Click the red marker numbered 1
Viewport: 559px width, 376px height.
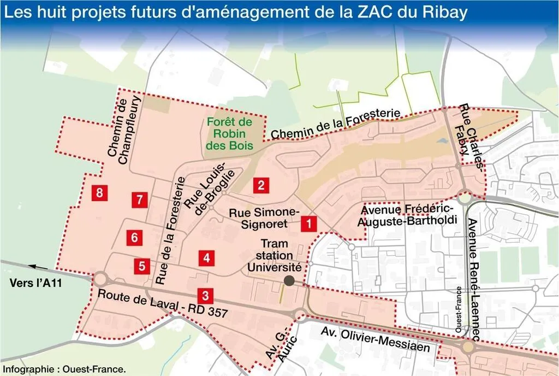coord(308,223)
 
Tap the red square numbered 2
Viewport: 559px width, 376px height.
coord(261,185)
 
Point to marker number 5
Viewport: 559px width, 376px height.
coord(142,266)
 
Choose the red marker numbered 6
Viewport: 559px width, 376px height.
coord(134,237)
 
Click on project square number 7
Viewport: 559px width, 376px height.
coord(140,199)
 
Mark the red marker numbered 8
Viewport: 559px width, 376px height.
coord(99,192)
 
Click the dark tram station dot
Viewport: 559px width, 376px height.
coord(289,280)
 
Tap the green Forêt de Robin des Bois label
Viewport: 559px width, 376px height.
coord(229,134)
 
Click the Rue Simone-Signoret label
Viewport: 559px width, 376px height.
coord(265,218)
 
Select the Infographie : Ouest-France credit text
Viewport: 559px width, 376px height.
coord(64,369)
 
